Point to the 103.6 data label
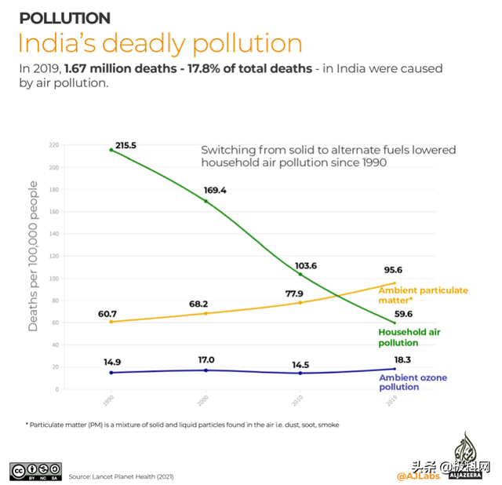point(316,266)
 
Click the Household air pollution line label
point(409,337)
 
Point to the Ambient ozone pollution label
point(413,382)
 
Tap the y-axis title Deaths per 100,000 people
point(33,256)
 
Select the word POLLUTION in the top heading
point(64,17)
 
